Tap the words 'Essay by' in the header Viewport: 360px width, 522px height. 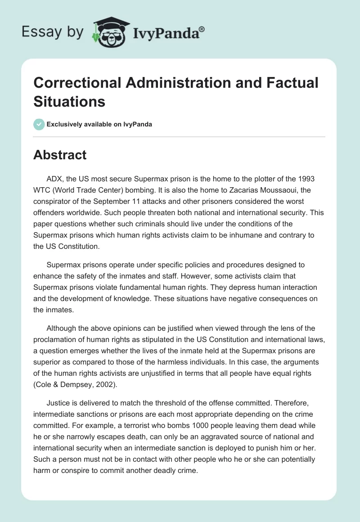point(52,32)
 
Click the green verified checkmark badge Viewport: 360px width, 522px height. point(39,124)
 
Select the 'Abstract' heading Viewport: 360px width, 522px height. point(60,155)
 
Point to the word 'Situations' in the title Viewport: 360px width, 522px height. point(69,102)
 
